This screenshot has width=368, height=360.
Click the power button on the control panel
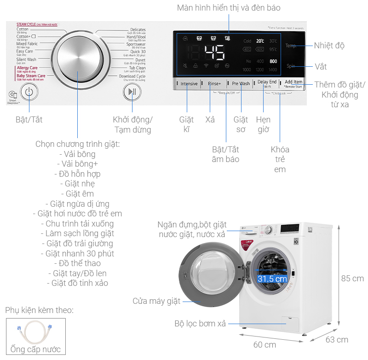click(29, 92)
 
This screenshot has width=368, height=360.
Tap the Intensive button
click(189, 84)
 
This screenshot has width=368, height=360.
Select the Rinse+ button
click(214, 84)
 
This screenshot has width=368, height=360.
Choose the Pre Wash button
click(241, 84)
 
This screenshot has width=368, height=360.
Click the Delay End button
click(267, 82)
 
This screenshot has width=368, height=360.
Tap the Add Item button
click(293, 82)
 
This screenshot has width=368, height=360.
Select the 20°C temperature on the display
click(260, 41)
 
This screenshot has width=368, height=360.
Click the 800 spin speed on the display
click(273, 61)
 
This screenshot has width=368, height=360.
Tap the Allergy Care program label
click(27, 68)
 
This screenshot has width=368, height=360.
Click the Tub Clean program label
click(137, 68)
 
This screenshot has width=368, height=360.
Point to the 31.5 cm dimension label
click(272, 279)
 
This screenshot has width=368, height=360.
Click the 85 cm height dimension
click(352, 279)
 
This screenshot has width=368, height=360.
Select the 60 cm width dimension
click(264, 345)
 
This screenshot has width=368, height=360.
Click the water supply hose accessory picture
click(35, 331)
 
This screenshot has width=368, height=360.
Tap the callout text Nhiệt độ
click(329, 46)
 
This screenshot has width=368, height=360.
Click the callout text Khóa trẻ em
click(280, 159)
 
